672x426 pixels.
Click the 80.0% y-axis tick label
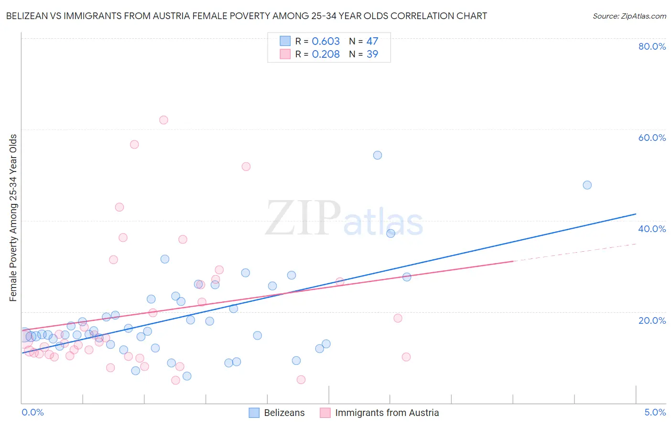(x=652, y=46)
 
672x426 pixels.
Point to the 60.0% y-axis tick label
(x=652, y=138)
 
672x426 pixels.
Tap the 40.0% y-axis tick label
(x=652, y=229)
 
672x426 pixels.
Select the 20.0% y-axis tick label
(x=652, y=320)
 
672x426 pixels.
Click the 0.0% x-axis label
(x=33, y=412)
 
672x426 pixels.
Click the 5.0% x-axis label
(x=655, y=412)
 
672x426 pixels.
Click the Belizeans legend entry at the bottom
(x=284, y=413)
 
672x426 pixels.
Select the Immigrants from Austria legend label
(x=387, y=413)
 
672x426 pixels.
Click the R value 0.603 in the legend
(x=325, y=42)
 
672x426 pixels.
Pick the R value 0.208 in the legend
(x=325, y=54)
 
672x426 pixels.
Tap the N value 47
(x=372, y=42)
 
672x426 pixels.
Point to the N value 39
(x=372, y=54)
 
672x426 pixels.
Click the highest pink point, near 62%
(x=163, y=120)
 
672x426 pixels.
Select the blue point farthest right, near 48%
(x=587, y=185)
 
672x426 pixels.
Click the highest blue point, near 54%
(x=377, y=155)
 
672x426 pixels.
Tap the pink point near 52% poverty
(x=246, y=167)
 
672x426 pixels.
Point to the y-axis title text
(x=13, y=218)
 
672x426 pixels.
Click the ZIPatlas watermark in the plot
(x=344, y=219)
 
